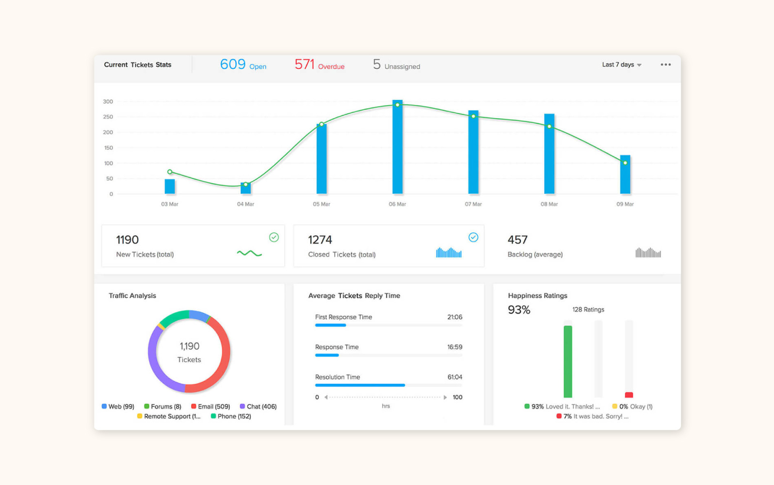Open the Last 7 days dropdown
pos(621,65)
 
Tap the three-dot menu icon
pos(665,65)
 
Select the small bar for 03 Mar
pos(170,186)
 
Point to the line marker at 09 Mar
pos(625,163)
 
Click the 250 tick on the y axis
pos(108,117)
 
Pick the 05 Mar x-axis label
pos(321,204)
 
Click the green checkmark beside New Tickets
pos(274,237)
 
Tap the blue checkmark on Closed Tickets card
pos(473,237)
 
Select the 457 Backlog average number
pos(517,240)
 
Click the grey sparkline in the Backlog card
pos(648,253)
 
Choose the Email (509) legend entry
pos(210,406)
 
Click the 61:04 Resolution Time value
pos(454,377)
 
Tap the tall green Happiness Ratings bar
pos(568,361)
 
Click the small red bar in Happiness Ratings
pos(629,395)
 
